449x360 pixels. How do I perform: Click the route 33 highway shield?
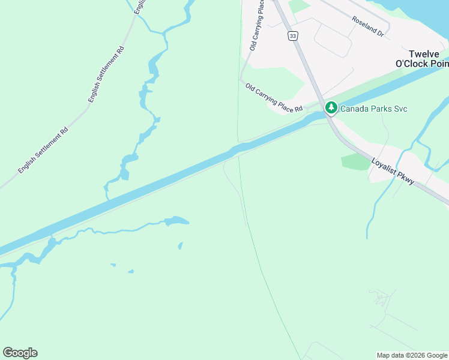tap(292, 37)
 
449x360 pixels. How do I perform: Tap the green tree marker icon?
tap(331, 108)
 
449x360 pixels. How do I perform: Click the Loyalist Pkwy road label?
tap(393, 171)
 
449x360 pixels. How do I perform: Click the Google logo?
tap(20, 353)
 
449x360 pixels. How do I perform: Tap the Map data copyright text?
tap(412, 355)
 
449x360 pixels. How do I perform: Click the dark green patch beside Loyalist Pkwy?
tap(355, 161)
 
